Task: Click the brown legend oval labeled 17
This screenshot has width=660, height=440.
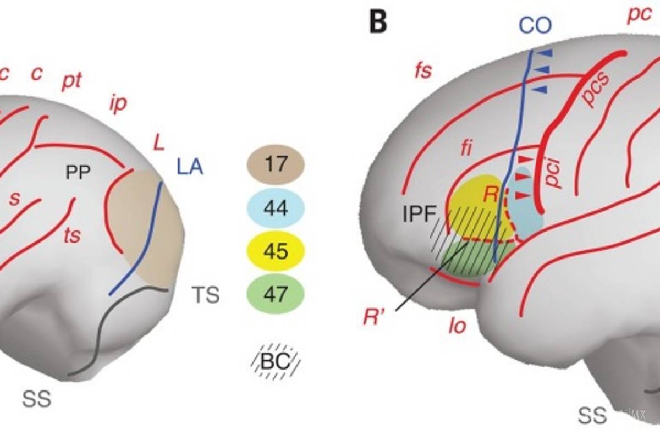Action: point(276,164)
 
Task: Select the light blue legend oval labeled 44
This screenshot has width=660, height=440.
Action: point(276,208)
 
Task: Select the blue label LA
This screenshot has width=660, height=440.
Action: point(190,166)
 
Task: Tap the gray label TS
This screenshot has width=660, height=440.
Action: point(205,295)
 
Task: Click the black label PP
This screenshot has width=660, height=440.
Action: point(78,173)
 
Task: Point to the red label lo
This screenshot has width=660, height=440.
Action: point(457,326)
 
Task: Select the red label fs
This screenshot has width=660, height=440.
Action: point(423,71)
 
